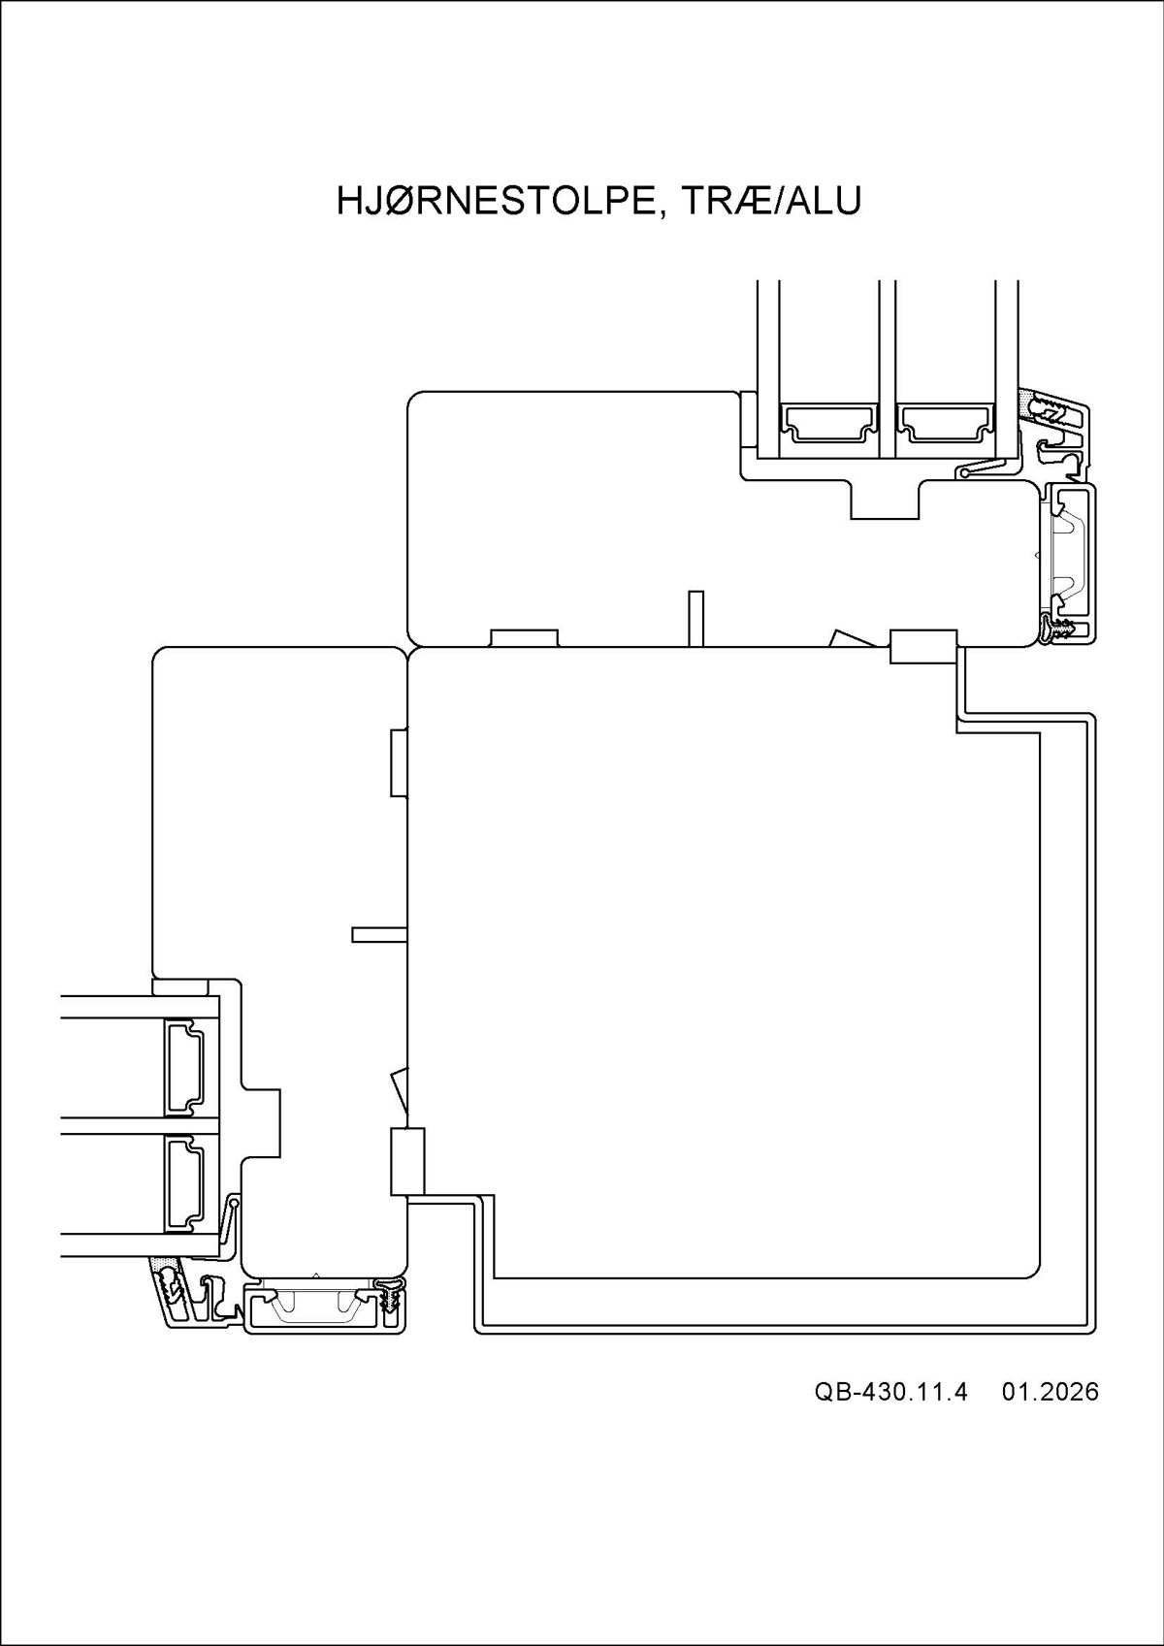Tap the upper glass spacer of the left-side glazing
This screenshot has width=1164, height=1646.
tap(183, 1067)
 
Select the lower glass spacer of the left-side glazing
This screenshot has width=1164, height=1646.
tap(183, 1183)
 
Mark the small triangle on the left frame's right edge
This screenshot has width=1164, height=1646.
tap(399, 1091)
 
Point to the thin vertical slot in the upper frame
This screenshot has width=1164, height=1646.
tap(695, 619)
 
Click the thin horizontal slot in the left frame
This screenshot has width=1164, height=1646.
tap(379, 935)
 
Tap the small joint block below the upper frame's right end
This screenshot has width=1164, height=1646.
tap(923, 647)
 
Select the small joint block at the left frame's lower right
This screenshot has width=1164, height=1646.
tap(407, 1161)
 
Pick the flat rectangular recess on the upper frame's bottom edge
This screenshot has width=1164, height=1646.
tap(524, 638)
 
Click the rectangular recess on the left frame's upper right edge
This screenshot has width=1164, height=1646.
tap(399, 762)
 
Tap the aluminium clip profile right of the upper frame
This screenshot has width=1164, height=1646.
tap(1069, 563)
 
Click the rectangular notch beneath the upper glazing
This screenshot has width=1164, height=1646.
tap(885, 500)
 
